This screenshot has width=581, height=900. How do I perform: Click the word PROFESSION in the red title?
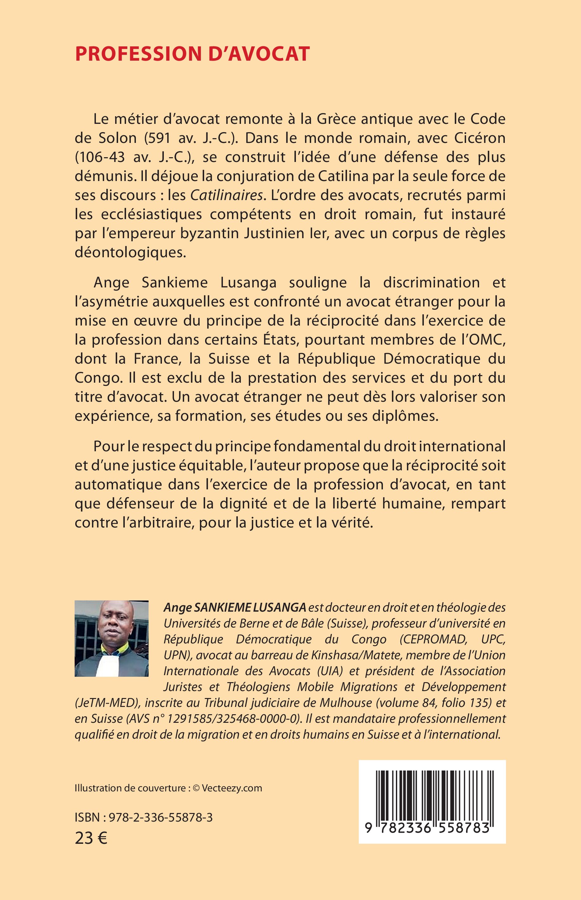pyautogui.click(x=138, y=54)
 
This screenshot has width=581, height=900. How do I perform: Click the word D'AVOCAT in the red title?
pyautogui.click(x=259, y=54)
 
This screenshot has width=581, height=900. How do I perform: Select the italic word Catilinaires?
pyautogui.click(x=226, y=195)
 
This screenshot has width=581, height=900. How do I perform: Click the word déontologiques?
pyautogui.click(x=130, y=252)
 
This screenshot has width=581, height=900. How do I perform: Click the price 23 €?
pyautogui.click(x=91, y=838)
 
